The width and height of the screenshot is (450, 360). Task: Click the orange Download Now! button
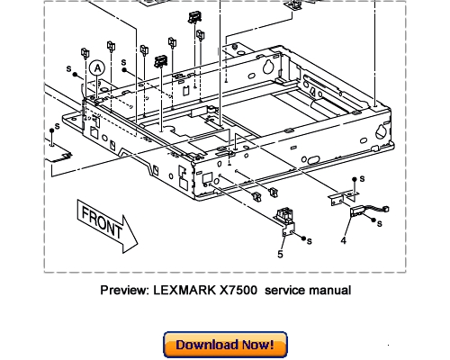pos(225,345)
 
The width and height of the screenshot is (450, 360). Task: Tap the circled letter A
pos(97,67)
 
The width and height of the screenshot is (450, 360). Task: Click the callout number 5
pos(280,255)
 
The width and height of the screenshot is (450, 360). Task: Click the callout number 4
pos(344,239)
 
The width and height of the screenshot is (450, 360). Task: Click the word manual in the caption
pos(329,290)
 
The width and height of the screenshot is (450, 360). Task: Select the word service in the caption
pos(287,290)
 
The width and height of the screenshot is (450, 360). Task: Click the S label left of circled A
pos(67,68)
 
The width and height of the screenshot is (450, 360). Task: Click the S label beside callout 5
pos(310,241)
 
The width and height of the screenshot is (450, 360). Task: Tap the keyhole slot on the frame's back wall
pos(267,67)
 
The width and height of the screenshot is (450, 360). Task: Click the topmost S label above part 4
pos(360,180)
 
